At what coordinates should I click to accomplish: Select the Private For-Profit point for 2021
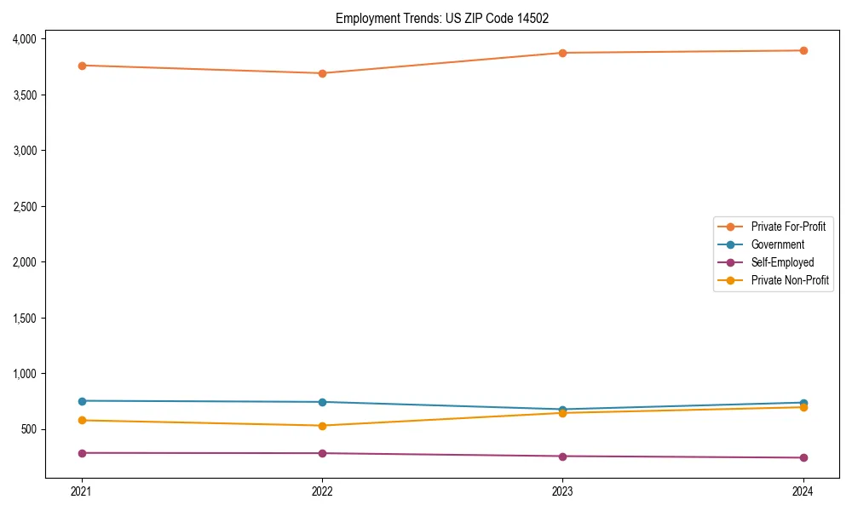(x=82, y=66)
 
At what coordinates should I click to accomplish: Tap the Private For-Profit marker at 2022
(x=322, y=73)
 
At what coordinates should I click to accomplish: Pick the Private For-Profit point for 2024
(x=803, y=50)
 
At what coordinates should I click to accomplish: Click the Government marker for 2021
(x=82, y=401)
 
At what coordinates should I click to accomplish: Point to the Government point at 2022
(x=322, y=402)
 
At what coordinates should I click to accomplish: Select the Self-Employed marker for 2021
(x=82, y=453)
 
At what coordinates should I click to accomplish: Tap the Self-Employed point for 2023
(x=563, y=456)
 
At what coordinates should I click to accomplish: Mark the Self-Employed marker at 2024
(x=803, y=458)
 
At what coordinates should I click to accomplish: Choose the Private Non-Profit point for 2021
(x=82, y=420)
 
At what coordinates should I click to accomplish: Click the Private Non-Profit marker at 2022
(x=322, y=426)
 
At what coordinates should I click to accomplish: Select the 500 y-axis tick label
(x=28, y=429)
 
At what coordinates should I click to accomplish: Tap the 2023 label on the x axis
(x=563, y=491)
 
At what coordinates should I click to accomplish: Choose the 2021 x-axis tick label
(x=82, y=491)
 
